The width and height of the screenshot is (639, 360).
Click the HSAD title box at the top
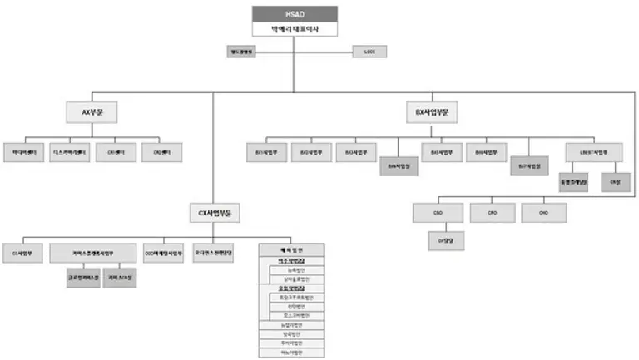coord(295,13)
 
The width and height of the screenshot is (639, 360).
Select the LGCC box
coord(369,52)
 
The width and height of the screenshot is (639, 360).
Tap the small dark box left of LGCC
coord(242,52)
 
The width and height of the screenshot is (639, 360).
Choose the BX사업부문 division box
coord(438,111)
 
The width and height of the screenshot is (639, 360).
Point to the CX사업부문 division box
coord(214,214)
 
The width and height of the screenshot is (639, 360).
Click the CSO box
coord(438,213)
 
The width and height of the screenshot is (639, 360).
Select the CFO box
coord(492,213)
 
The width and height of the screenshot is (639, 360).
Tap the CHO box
coord(544,213)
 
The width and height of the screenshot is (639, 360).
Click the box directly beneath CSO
coord(438,242)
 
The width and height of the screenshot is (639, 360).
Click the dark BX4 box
coord(400,165)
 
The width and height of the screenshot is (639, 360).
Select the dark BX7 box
coord(529,165)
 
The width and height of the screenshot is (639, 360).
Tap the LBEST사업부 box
coord(592,152)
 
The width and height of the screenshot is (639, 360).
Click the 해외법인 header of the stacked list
coord(291,249)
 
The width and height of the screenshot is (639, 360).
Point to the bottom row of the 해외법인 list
coord(291,353)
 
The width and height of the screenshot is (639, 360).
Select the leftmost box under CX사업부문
coord(22,252)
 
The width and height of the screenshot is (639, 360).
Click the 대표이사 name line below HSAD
coord(295,29)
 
